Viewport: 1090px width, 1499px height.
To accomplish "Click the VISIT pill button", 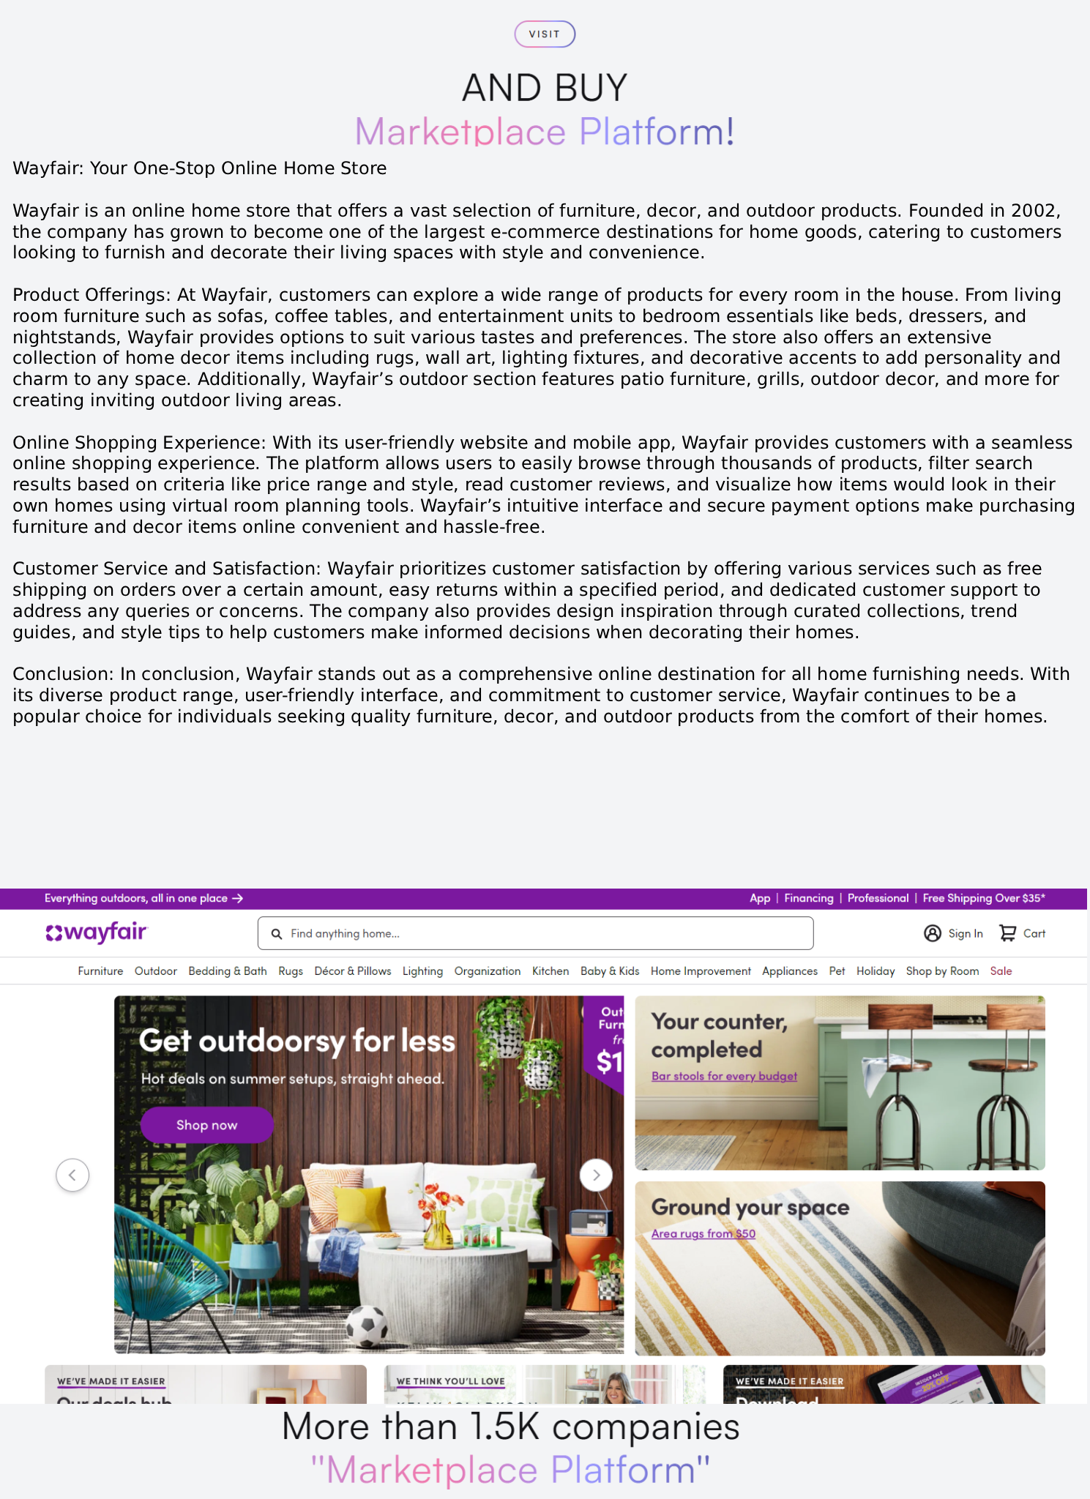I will tap(545, 34).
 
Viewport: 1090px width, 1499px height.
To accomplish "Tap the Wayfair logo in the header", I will tap(97, 933).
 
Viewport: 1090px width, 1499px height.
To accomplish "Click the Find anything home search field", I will tap(535, 933).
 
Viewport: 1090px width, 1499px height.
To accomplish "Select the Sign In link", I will tap(953, 933).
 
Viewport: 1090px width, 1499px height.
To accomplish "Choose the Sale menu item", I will tap(1001, 971).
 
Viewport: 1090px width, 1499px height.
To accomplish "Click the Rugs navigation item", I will tap(291, 971).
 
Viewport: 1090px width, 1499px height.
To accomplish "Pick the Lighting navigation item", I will tap(422, 971).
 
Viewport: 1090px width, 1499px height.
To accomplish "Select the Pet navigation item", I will tap(837, 971).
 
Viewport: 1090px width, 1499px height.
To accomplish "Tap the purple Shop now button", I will tap(206, 1125).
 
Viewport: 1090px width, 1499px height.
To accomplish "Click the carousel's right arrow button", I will tap(596, 1175).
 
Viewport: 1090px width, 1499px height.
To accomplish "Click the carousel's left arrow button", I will tap(72, 1175).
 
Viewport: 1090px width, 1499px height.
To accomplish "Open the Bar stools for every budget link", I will tap(724, 1076).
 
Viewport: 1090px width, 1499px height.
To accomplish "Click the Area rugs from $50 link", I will tap(703, 1233).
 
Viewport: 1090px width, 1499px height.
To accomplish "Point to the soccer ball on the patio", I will tap(367, 1326).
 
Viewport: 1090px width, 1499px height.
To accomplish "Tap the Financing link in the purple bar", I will tap(808, 898).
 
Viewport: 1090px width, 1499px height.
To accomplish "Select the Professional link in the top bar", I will tap(878, 898).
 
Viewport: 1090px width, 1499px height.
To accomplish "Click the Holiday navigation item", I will tap(876, 971).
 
